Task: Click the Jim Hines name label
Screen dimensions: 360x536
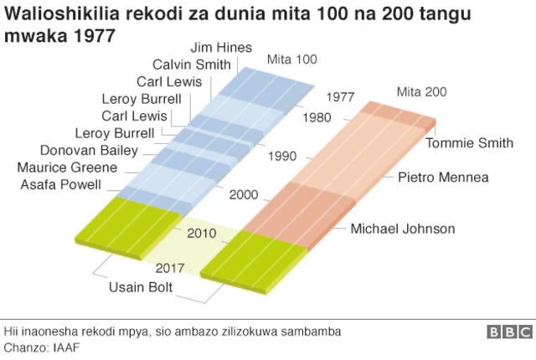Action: click(x=221, y=48)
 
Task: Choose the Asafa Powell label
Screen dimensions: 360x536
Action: click(x=63, y=183)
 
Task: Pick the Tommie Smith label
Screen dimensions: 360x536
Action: click(x=469, y=143)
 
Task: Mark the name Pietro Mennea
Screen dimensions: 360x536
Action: click(x=443, y=177)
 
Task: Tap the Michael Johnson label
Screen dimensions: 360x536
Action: click(x=403, y=229)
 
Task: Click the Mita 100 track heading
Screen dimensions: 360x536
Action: click(x=292, y=59)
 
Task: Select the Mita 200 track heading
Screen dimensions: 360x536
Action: click(x=421, y=92)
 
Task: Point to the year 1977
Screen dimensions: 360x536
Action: click(x=342, y=97)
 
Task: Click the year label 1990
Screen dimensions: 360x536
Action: click(x=283, y=157)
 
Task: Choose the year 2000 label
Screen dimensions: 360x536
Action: click(x=244, y=195)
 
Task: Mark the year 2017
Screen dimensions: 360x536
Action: click(x=170, y=268)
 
